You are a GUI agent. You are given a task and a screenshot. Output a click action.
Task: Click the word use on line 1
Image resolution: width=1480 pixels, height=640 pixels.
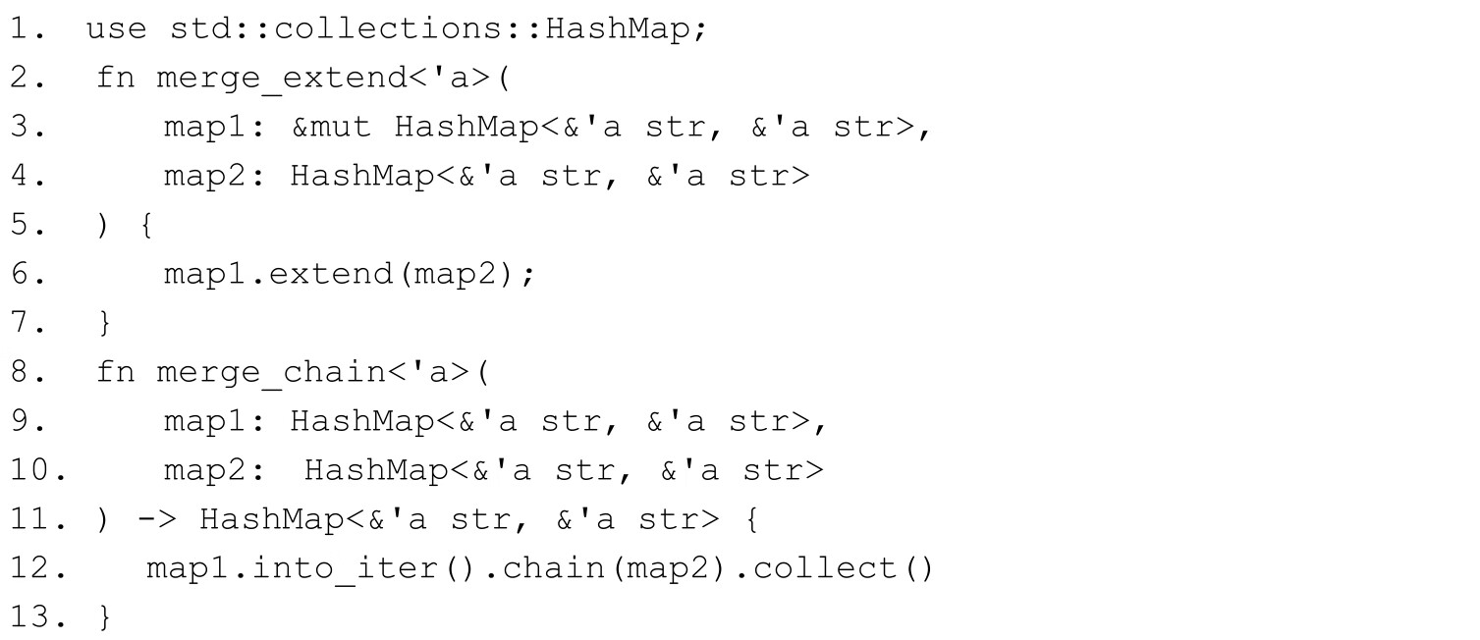click(x=116, y=29)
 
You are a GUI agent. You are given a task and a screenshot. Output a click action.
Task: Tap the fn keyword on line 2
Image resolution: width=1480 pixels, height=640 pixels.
click(x=116, y=78)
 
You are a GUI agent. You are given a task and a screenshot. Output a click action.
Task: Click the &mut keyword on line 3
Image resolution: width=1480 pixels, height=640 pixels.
click(x=331, y=127)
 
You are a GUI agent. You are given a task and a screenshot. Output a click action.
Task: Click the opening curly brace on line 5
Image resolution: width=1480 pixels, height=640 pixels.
click(x=146, y=225)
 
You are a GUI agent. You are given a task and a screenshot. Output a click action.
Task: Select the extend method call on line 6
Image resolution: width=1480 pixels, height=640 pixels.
click(x=331, y=274)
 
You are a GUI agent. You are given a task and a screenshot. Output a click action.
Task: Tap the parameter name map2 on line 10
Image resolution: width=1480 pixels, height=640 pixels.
click(x=205, y=471)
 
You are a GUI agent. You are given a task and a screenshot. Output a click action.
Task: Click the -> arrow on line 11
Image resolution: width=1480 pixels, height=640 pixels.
click(x=157, y=520)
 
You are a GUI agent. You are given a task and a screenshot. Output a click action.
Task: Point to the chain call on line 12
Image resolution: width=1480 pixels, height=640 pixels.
click(x=554, y=568)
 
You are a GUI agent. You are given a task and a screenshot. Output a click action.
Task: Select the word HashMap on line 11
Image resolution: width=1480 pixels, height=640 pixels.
click(x=272, y=520)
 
